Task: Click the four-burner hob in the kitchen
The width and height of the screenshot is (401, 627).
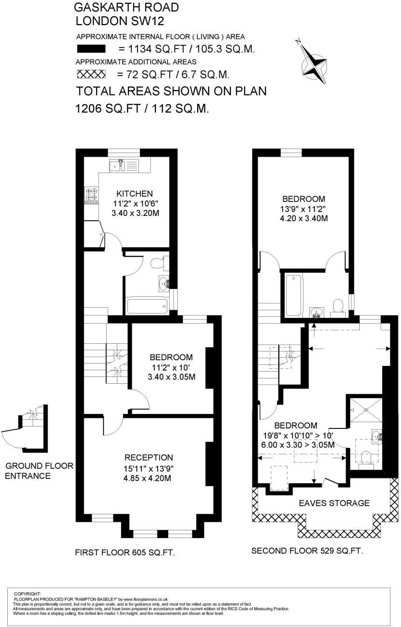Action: [x=92, y=194]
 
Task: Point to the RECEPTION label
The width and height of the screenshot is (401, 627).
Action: [x=149, y=457]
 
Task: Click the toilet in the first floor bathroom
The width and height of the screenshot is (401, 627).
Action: [x=159, y=263]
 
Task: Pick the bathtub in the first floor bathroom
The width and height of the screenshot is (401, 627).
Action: [x=147, y=305]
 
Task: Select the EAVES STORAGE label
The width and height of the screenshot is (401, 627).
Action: [x=334, y=503]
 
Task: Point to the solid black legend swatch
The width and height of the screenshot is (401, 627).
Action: [x=91, y=49]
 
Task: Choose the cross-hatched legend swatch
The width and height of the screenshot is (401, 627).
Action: [x=91, y=74]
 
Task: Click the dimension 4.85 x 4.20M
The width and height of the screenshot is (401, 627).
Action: [x=148, y=478]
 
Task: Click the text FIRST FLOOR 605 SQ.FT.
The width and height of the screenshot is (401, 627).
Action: [x=125, y=553]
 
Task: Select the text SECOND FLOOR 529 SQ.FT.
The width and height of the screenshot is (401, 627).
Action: [x=307, y=551]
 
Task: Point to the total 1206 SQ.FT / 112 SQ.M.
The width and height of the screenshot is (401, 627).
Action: [x=142, y=109]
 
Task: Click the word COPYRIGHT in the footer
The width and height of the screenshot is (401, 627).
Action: [x=27, y=594]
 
